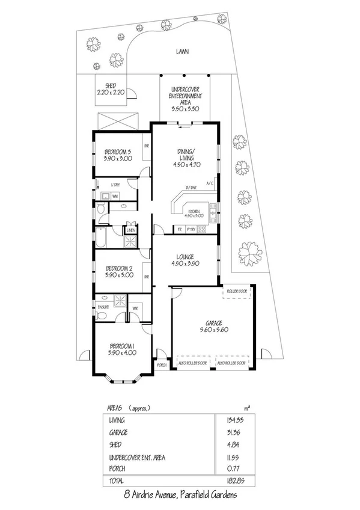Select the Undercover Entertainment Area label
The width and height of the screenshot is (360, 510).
tap(185, 99)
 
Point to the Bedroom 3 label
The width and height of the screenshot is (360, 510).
tap(117, 154)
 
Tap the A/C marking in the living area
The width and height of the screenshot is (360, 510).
tap(210, 183)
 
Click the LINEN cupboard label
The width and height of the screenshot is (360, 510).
tap(130, 230)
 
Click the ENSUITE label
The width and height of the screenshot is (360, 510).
tap(103, 307)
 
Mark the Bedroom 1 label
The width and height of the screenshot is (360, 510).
tap(122, 349)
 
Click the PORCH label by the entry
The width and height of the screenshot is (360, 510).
tap(161, 365)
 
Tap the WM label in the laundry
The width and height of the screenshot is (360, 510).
tap(115, 197)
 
